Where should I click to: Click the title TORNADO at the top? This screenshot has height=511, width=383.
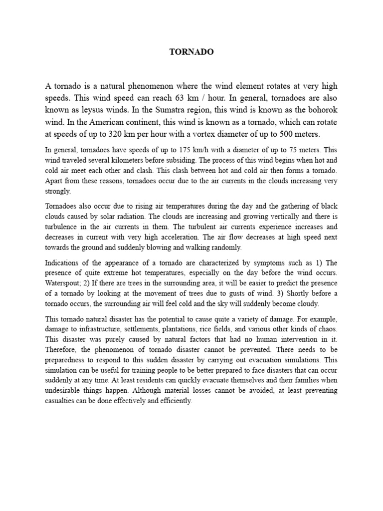(x=191, y=52)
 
